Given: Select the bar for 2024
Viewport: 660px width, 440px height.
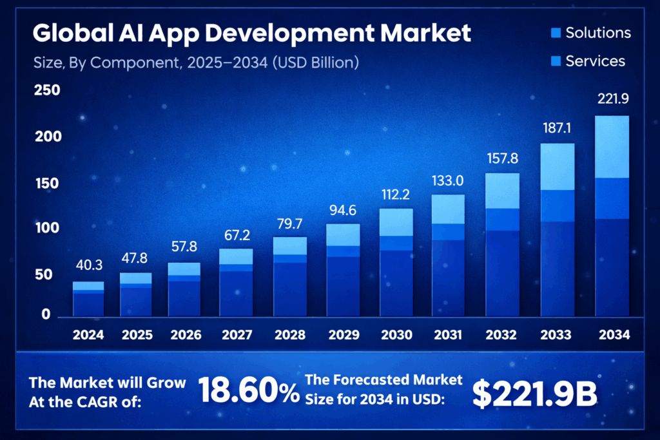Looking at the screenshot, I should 88,299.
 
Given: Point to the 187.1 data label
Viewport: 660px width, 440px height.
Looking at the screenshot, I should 556,129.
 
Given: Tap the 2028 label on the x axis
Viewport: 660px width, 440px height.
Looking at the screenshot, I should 290,335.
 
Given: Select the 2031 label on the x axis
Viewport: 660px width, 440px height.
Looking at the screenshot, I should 447,335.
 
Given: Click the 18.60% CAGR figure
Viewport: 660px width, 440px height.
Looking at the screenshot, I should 248,390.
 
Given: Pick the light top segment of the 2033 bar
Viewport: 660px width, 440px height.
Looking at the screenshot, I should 557,166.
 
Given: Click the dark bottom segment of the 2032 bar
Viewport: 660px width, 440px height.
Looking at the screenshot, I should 502,273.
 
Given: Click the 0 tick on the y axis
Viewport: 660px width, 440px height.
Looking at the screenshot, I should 46,314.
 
